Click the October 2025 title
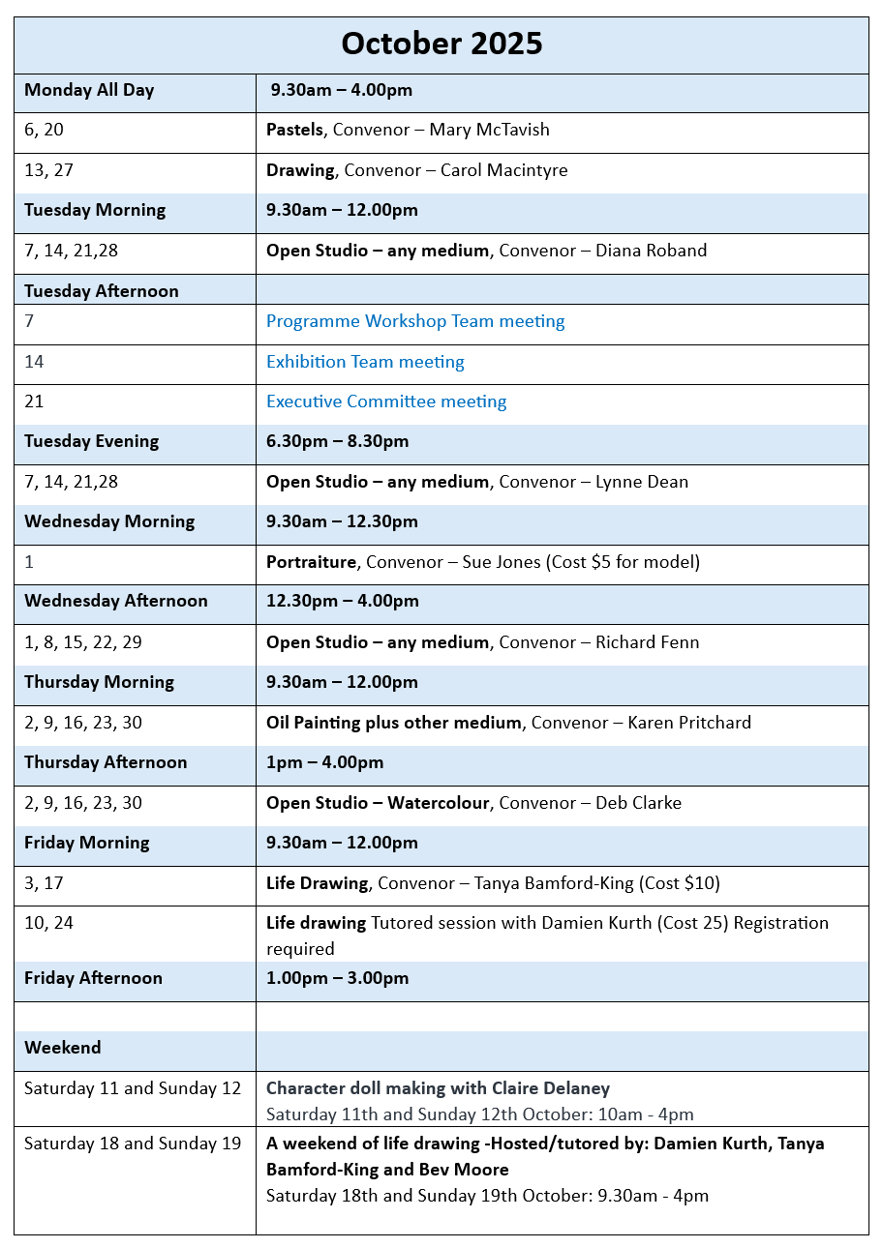point(441,45)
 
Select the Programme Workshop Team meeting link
point(415,321)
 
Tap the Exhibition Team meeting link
point(365,362)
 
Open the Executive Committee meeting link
point(386,401)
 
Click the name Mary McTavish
point(489,130)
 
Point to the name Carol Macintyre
point(503,170)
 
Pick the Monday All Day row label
point(89,90)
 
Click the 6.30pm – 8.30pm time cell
point(337,441)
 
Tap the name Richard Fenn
point(647,642)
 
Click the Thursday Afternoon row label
point(106,762)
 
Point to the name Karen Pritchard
point(689,723)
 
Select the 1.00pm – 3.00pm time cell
point(337,978)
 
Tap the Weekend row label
point(63,1048)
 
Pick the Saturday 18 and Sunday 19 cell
point(133,1144)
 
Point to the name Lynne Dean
point(642,482)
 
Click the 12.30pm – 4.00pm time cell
point(342,601)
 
